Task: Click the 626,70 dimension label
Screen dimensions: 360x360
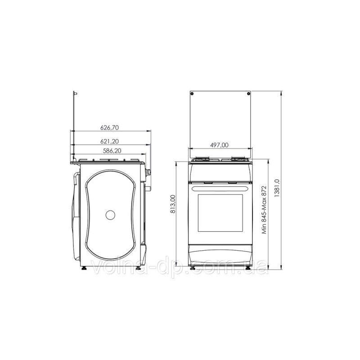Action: [x=109, y=127]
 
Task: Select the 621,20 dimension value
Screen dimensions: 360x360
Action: [x=109, y=141]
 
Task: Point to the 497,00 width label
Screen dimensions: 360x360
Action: [x=220, y=145]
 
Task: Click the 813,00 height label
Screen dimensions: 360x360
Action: [x=173, y=204]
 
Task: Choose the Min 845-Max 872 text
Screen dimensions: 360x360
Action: [x=265, y=210]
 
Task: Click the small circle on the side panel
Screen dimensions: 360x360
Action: [x=110, y=215]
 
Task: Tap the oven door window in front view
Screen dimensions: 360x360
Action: [x=220, y=213]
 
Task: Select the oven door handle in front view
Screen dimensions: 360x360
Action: [x=220, y=189]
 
